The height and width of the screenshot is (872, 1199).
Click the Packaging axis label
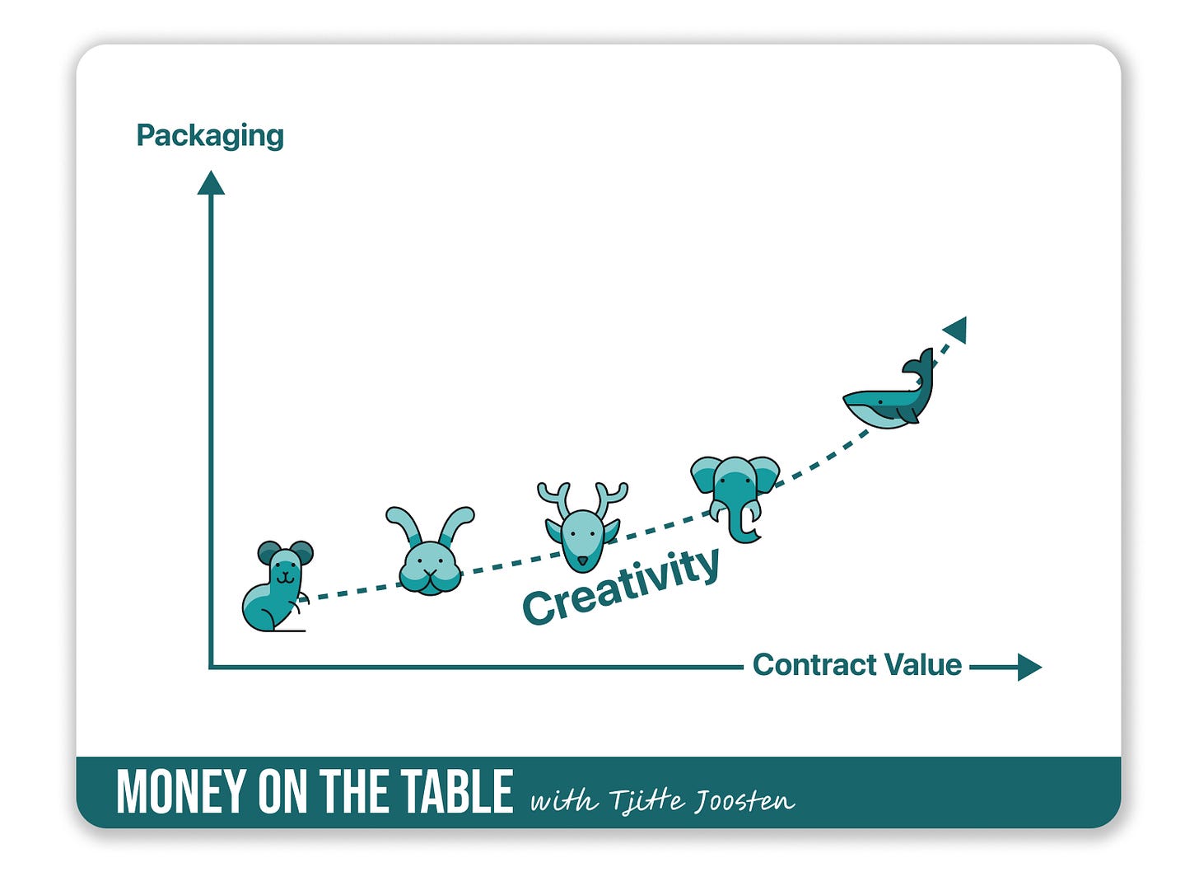(210, 136)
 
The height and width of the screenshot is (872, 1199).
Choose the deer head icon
(583, 527)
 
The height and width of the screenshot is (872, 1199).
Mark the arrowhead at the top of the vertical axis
(211, 183)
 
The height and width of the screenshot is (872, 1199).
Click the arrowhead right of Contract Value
(1028, 666)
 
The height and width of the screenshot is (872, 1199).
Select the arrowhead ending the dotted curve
(956, 329)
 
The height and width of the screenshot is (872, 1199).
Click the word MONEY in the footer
(181, 792)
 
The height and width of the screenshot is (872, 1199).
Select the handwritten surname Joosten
(744, 799)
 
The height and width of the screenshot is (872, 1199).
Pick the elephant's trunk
(744, 527)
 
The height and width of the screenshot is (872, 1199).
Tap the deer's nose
(583, 561)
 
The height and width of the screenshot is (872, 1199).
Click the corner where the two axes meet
(212, 666)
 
